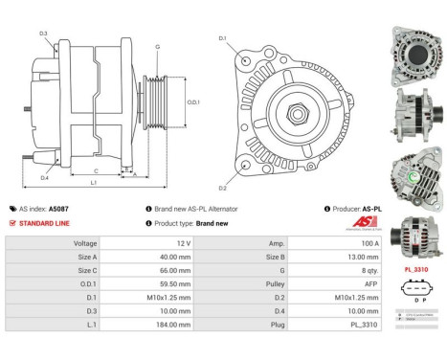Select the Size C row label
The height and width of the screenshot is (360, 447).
coord(87,271)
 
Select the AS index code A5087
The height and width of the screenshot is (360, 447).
coord(85,208)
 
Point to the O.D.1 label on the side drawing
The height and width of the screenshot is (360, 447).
coord(191,102)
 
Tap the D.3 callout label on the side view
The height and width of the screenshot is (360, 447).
coord(43,34)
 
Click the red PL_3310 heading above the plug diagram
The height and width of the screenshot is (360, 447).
coord(417,270)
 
